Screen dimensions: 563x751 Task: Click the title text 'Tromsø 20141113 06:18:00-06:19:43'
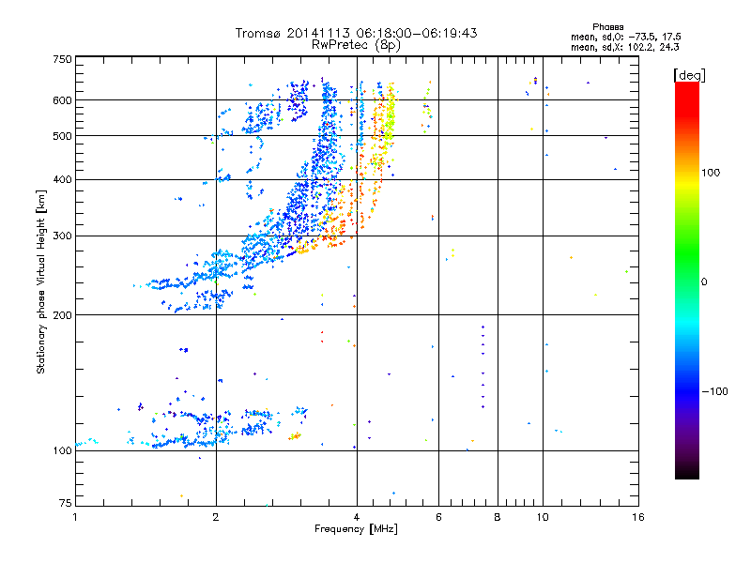pyautogui.click(x=357, y=33)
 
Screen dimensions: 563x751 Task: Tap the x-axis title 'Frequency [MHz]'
pyautogui.click(x=357, y=530)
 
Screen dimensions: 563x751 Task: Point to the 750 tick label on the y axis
pyautogui.click(x=62, y=58)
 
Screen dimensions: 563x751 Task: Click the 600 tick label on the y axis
pyautogui.click(x=62, y=99)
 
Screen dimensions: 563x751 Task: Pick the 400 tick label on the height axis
pyautogui.click(x=62, y=179)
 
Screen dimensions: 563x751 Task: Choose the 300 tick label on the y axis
pyautogui.click(x=62, y=236)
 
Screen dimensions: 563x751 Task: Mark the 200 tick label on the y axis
pyautogui.click(x=62, y=314)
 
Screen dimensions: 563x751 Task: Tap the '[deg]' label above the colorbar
pyautogui.click(x=690, y=74)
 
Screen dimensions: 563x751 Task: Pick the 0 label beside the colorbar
pyautogui.click(x=703, y=281)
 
